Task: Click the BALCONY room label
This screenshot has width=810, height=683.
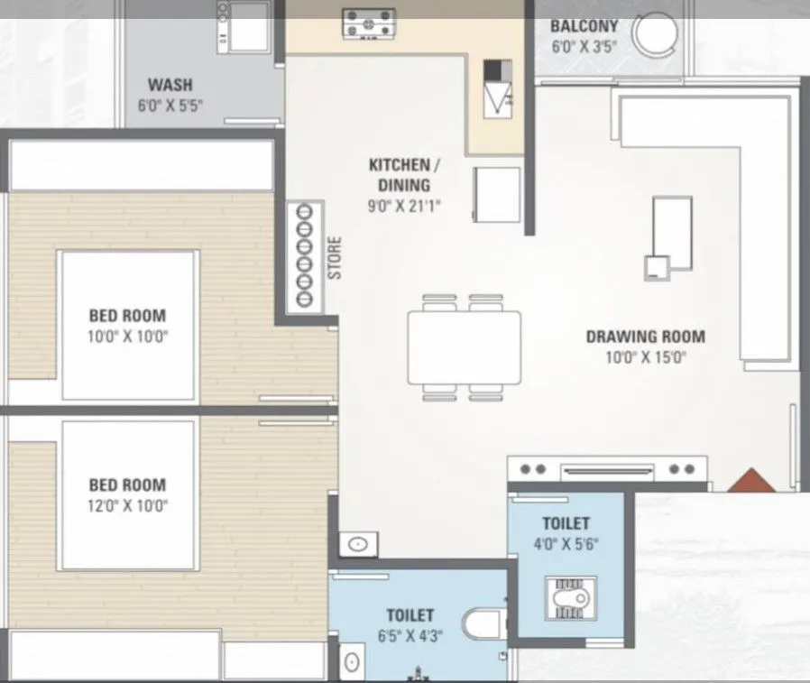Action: pos(584,26)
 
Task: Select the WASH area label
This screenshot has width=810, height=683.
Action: pos(170,86)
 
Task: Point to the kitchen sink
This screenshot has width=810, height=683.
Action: pos(498,88)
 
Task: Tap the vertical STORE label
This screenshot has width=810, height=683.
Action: pos(335,258)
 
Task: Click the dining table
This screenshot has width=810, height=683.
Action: pos(464,347)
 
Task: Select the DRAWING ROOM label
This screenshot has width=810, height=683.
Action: pos(645,337)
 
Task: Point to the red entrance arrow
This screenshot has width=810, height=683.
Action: pos(750,481)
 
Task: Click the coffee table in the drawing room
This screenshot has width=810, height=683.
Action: pos(672,233)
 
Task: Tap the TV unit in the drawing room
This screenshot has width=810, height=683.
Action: pos(606,469)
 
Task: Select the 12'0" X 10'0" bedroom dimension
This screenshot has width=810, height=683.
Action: pos(127,505)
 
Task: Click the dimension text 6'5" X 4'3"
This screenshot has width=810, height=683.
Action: pos(410,636)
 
